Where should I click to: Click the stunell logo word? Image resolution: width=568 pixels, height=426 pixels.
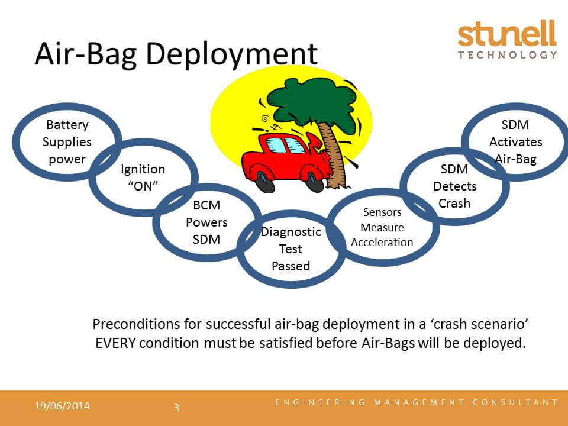click(507, 33)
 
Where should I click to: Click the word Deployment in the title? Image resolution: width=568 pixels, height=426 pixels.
click(231, 54)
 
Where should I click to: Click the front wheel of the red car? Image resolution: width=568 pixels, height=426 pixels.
click(314, 182)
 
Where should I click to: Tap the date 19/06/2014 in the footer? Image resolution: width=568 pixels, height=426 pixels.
click(62, 406)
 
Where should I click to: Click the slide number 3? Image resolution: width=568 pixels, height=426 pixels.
click(177, 408)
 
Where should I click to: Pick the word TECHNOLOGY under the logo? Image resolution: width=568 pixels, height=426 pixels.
click(507, 55)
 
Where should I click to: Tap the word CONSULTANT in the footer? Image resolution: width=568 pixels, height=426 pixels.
click(515, 402)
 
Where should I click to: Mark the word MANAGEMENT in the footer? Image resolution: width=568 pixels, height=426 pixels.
click(419, 402)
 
